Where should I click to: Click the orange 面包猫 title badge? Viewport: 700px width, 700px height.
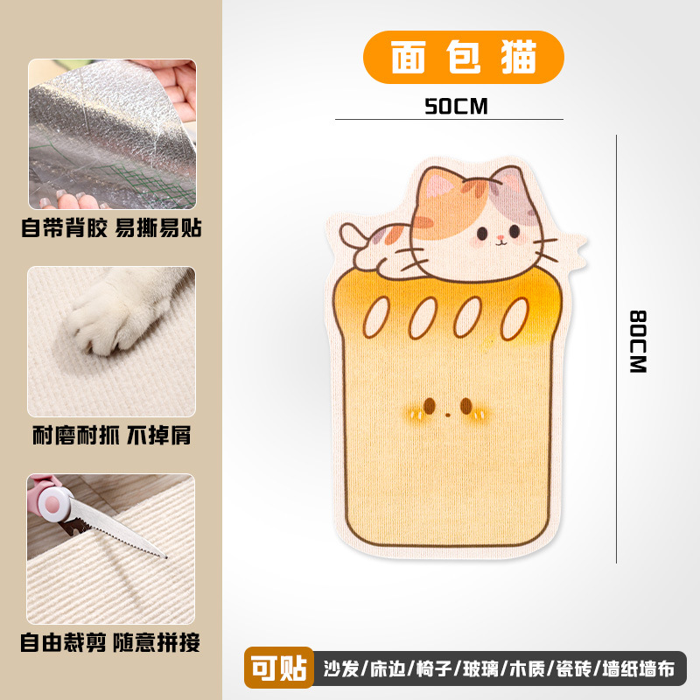[463, 57]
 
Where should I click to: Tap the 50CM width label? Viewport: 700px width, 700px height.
[455, 106]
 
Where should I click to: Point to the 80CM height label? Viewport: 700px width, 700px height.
[638, 341]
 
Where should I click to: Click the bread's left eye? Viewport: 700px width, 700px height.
[430, 405]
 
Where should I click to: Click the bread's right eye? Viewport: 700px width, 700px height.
[466, 405]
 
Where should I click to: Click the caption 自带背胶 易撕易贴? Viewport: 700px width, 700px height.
[111, 229]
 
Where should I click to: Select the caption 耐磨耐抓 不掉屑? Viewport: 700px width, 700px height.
[111, 435]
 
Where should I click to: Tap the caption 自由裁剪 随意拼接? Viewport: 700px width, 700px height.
[111, 643]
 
